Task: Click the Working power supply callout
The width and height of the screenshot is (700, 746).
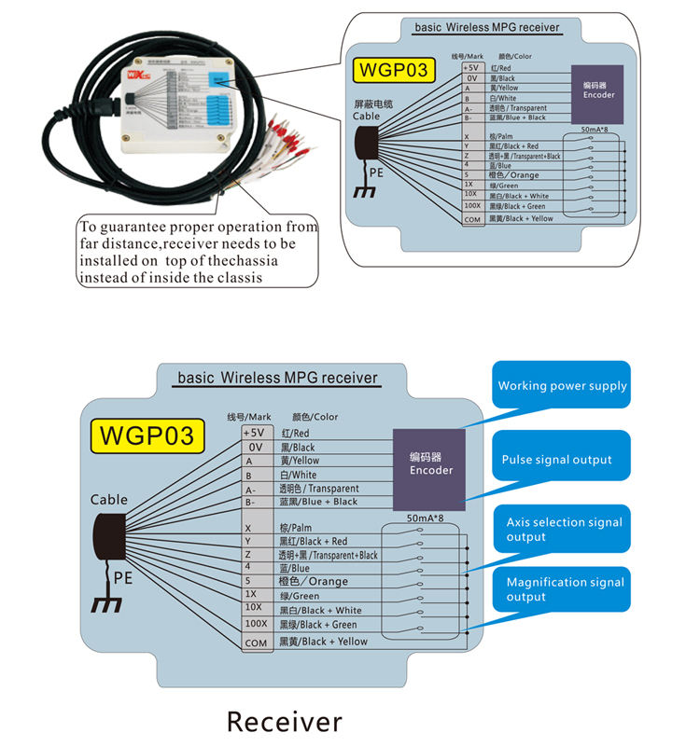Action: (562, 386)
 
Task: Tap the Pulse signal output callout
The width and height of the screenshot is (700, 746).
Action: (557, 460)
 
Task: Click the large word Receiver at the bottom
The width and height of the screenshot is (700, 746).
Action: (285, 721)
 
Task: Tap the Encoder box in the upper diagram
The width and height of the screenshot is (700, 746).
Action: (598, 90)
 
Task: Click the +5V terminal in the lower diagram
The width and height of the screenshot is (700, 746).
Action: (253, 434)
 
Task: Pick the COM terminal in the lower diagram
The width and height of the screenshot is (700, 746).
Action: (255, 642)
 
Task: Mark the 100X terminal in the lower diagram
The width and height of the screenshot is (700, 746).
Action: (255, 624)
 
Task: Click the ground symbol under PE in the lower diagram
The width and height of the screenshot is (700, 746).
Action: (105, 603)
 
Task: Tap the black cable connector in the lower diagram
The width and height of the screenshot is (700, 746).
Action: (109, 539)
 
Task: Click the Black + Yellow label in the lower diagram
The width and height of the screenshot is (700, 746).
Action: (323, 642)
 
